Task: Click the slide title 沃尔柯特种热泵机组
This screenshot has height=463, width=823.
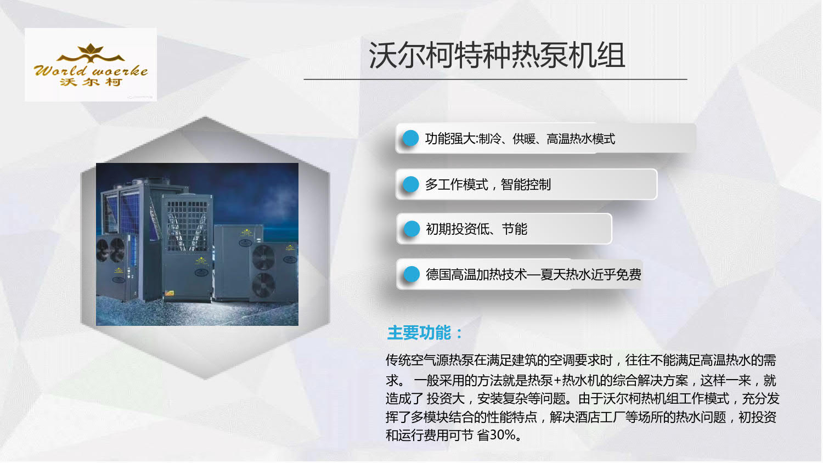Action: pyautogui.click(x=497, y=55)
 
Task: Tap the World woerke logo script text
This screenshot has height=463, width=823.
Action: pyautogui.click(x=91, y=70)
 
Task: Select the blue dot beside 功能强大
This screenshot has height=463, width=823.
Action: pyautogui.click(x=411, y=138)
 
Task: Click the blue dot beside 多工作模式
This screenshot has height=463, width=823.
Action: pyautogui.click(x=411, y=184)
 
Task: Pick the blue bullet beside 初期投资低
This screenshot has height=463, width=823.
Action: pyautogui.click(x=411, y=229)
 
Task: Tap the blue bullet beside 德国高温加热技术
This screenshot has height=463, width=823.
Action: pyautogui.click(x=411, y=274)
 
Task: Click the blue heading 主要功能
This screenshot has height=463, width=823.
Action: pyautogui.click(x=425, y=333)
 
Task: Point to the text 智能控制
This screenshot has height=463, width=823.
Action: pyautogui.click(x=526, y=184)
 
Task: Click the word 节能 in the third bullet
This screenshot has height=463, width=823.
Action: pyautogui.click(x=515, y=229)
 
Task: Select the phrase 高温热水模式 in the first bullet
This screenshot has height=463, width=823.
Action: pyautogui.click(x=581, y=139)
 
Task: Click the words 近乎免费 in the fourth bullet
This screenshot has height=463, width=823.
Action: pyautogui.click(x=616, y=274)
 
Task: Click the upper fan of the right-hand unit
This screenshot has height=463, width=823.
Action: pyautogui.click(x=263, y=257)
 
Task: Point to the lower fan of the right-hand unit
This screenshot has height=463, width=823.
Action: pyautogui.click(x=263, y=285)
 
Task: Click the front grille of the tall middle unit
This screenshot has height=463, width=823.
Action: pyautogui.click(x=187, y=226)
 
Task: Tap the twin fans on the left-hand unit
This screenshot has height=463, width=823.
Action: pyautogui.click(x=110, y=250)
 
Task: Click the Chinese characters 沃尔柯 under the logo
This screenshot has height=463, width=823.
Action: pyautogui.click(x=91, y=82)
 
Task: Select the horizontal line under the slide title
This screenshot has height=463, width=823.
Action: pyautogui.click(x=495, y=79)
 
